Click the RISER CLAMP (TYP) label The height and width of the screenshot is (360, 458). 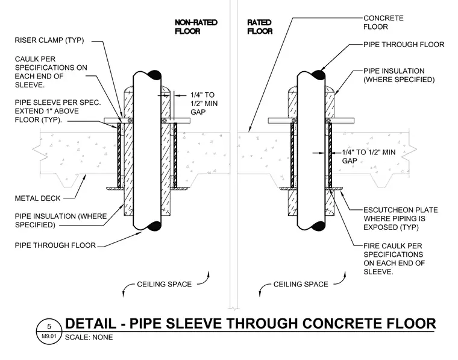point(49,40)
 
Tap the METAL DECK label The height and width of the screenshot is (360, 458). point(38,198)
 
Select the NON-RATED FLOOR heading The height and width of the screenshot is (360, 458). point(196,27)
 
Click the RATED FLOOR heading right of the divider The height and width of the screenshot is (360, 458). point(260,27)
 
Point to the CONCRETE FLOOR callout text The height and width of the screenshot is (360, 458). point(383,22)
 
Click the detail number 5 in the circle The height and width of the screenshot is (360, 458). point(49,326)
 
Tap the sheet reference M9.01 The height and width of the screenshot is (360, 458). point(49,336)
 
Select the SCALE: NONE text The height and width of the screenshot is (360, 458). point(89,337)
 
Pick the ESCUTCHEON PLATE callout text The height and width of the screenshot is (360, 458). point(401,218)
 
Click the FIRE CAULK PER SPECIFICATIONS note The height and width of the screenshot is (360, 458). point(394,259)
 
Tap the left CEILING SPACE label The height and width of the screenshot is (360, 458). point(164,284)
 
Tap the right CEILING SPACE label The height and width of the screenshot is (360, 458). point(301,284)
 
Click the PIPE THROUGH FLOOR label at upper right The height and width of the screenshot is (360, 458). point(404,45)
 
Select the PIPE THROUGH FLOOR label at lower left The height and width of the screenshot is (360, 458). point(55,245)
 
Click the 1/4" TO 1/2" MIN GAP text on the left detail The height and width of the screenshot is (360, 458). point(204,104)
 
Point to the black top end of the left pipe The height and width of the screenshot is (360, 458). point(155,75)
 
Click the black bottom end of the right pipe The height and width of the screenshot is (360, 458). point(319,226)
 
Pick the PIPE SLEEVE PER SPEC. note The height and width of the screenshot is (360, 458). point(58,111)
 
